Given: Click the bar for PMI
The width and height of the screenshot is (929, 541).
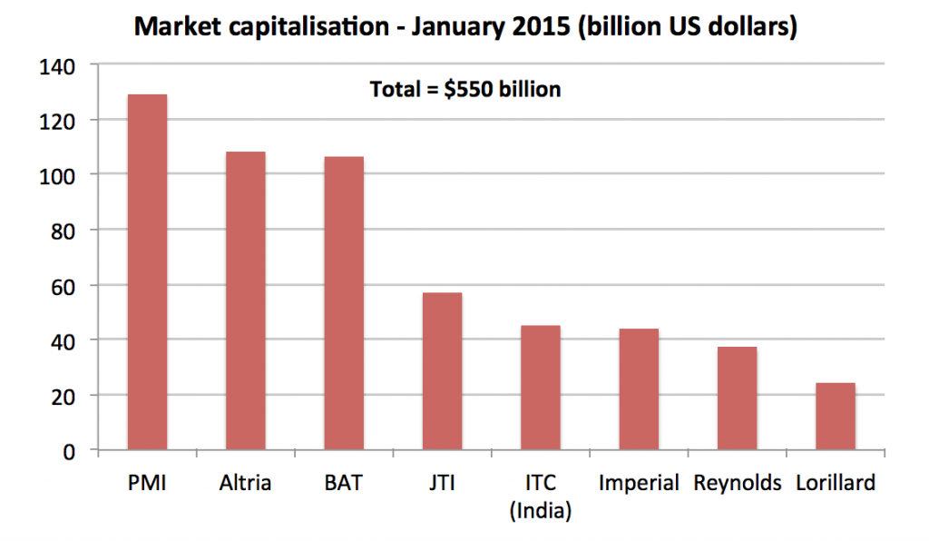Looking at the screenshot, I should coord(147,272).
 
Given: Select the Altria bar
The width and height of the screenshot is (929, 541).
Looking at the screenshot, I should coord(245,300).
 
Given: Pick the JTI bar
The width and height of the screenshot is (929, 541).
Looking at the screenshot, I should coord(442,371).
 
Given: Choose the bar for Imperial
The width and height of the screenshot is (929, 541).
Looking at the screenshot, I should coord(639,389).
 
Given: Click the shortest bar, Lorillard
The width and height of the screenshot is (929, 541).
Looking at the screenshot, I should coord(835,417).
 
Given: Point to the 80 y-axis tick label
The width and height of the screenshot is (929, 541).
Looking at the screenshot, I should coord(63,231).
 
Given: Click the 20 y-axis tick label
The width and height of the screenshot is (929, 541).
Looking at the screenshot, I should coord(63,396).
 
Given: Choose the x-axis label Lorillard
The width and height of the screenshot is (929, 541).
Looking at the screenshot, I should coord(835,482).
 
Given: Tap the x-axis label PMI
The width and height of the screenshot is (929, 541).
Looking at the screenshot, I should coord(147,482).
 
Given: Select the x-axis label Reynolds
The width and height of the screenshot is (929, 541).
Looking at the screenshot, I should coord(737,482).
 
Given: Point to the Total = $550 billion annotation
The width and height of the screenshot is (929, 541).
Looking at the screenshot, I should coord(464,90).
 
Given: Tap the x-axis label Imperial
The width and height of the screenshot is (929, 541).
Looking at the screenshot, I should coord(639,482).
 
